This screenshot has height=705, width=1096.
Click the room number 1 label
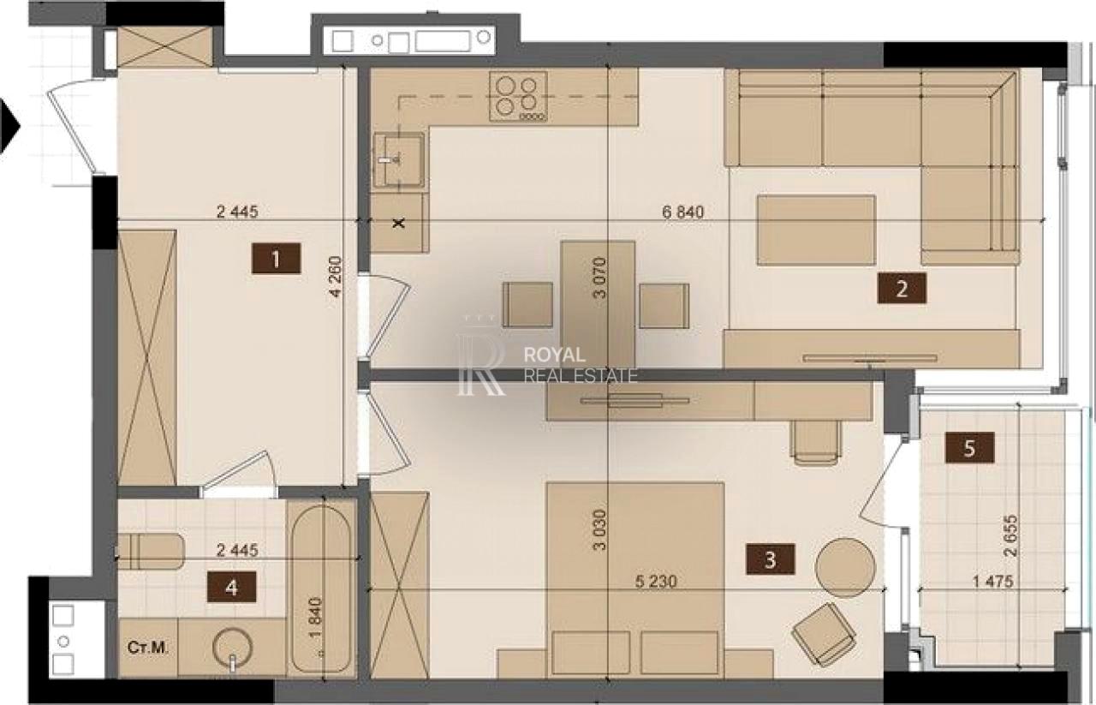pyautogui.click(x=276, y=259)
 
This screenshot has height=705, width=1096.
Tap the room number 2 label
pyautogui.click(x=902, y=289)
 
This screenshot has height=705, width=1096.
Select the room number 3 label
pyautogui.click(x=770, y=559)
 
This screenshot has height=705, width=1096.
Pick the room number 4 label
pyautogui.click(x=231, y=587)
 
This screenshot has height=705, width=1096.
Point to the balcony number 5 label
pyautogui.click(x=970, y=447)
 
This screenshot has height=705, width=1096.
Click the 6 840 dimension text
pyautogui.click(x=683, y=212)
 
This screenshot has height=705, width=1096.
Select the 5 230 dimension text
pyautogui.click(x=656, y=581)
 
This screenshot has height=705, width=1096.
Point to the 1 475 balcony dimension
pyautogui.click(x=992, y=581)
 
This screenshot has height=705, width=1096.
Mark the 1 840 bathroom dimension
pyautogui.click(x=316, y=618)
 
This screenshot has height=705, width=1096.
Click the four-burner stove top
pyautogui.click(x=518, y=96)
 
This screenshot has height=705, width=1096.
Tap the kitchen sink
pyautogui.click(x=398, y=160)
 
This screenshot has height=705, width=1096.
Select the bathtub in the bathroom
pyautogui.click(x=321, y=589)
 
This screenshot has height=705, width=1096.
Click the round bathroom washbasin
pyautogui.click(x=232, y=648)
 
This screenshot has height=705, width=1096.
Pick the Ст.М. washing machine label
pyautogui.click(x=148, y=648)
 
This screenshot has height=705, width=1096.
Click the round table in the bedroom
pyautogui.click(x=845, y=567)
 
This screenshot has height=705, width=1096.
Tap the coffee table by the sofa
pyautogui.click(x=816, y=230)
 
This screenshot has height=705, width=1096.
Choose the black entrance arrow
pyautogui.click(x=9, y=126)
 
